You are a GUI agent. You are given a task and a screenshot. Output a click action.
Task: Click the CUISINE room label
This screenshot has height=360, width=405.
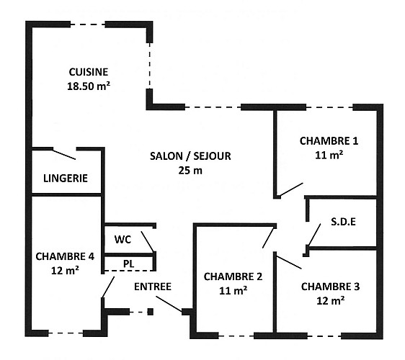pos(88,71)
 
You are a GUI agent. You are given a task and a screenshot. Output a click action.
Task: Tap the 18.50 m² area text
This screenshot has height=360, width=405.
pos(88,85)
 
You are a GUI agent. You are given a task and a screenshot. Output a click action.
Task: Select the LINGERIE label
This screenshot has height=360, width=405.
pos(66,178)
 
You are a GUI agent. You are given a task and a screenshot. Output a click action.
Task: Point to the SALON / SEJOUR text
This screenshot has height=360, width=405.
pos(191,156)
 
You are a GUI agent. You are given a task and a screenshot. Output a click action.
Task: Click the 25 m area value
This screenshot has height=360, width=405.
pos(191,171)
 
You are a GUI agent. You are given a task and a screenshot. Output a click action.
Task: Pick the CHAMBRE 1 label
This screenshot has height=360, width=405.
pos(329,140)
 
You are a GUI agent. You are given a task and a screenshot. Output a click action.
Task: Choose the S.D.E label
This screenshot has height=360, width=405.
pos(342,221)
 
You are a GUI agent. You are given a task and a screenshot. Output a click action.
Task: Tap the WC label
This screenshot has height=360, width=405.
pos(123,239)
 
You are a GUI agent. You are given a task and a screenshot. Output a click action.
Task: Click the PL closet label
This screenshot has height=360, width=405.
pos(128,264)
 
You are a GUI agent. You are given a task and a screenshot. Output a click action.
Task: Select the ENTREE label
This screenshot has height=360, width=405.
pos(153,287)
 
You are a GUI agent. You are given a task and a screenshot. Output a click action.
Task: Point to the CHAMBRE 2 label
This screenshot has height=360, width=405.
pos(233,276)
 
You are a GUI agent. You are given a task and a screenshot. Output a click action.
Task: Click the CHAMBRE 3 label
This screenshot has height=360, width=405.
pos(330,287)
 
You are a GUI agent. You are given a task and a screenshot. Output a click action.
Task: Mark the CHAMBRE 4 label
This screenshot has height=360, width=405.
pos(65,256)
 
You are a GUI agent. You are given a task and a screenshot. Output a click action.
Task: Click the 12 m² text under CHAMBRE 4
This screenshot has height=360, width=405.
pos(65,270)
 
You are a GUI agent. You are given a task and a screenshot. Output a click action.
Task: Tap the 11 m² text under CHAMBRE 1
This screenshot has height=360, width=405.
pos(329,154)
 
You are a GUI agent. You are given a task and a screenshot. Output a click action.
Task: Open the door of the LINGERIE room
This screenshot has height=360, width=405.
pos(64,153)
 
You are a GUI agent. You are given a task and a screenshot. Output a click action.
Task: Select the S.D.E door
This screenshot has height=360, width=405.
pos(313,235)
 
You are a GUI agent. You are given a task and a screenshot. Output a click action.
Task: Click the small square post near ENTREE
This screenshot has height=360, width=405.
pos(151,312)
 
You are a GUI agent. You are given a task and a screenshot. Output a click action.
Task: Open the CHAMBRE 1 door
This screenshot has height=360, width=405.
pos(290,189)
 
